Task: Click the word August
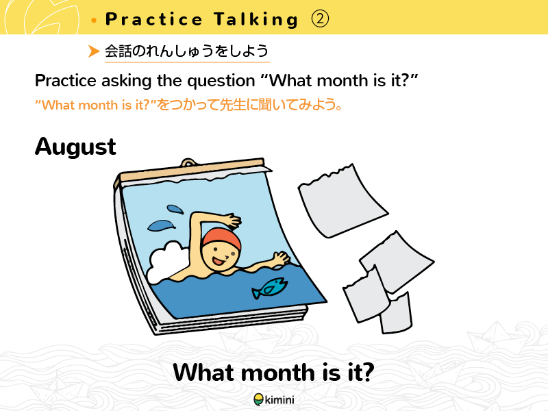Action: [x=75, y=147]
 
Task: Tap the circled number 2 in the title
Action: [x=320, y=19]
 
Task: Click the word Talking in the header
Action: [x=256, y=19]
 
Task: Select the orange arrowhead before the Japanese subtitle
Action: [x=94, y=51]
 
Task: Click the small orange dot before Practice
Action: [x=94, y=21]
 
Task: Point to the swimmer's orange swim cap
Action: [x=221, y=238]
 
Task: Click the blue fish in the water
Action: [x=269, y=288]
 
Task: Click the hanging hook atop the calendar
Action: [x=189, y=162]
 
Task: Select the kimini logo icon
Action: [x=258, y=399]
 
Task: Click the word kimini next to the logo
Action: [x=279, y=399]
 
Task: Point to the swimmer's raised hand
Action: [x=231, y=220]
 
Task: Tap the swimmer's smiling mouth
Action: [x=218, y=261]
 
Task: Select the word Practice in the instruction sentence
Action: [x=65, y=81]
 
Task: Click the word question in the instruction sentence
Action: [x=221, y=82]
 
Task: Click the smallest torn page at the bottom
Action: [x=397, y=314]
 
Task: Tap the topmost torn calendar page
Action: [x=342, y=201]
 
